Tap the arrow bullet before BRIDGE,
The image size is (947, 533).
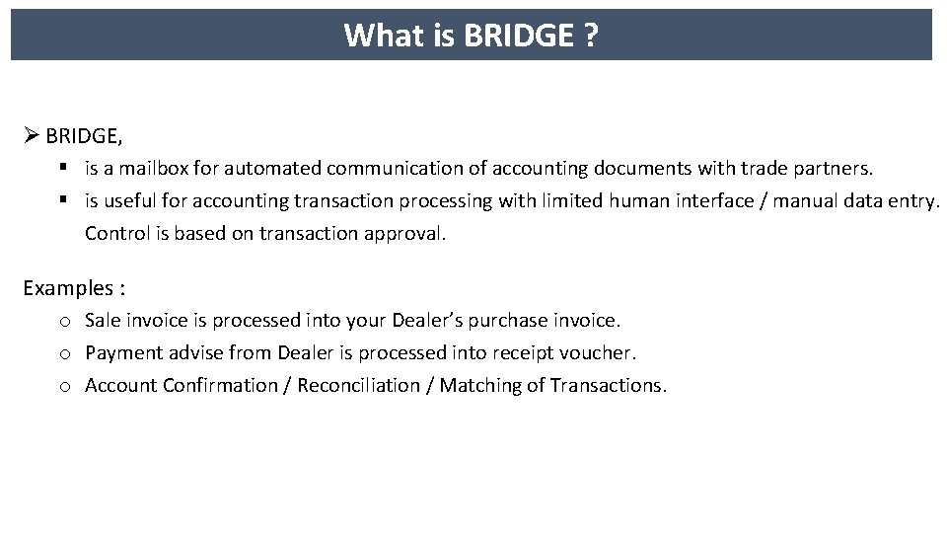point(31,133)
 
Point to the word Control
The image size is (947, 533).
point(115,234)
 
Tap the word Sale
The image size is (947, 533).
point(103,320)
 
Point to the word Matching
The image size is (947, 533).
point(475,385)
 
